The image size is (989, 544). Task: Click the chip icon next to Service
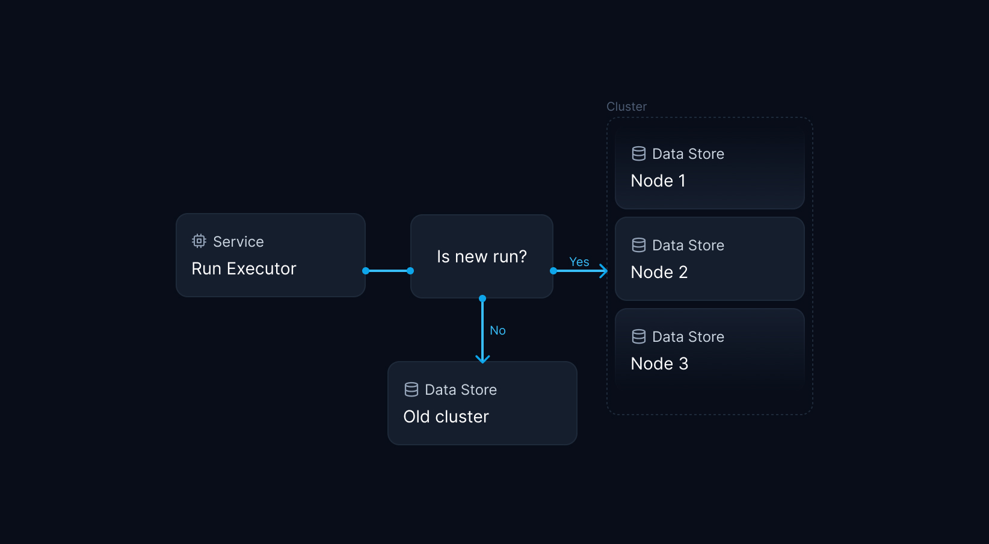click(199, 241)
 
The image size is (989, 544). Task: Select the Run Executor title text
click(244, 268)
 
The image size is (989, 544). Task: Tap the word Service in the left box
click(238, 241)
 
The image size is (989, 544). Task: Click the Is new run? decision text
click(481, 256)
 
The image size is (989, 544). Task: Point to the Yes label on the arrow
click(579, 262)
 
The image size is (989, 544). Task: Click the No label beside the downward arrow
click(498, 330)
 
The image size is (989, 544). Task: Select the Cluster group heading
click(626, 107)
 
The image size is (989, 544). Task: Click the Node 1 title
click(658, 181)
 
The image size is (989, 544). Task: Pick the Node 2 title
click(659, 272)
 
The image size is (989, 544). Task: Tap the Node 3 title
click(659, 363)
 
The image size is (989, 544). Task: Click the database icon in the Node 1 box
click(639, 153)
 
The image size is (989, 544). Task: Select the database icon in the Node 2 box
click(639, 245)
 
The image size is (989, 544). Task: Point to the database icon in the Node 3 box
click(639, 336)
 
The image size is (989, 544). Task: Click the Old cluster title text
click(446, 416)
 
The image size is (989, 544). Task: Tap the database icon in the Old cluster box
click(411, 389)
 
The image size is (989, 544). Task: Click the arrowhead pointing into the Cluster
click(603, 271)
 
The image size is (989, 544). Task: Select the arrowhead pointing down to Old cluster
click(482, 359)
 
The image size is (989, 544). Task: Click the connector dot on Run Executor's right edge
click(366, 271)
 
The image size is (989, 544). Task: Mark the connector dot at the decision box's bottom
click(482, 298)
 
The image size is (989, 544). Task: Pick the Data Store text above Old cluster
click(461, 389)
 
